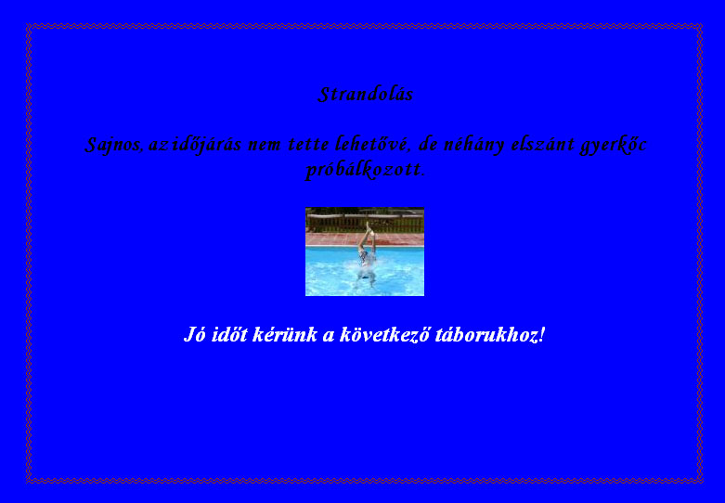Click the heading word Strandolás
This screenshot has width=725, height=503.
(x=365, y=95)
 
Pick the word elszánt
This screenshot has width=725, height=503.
(x=542, y=144)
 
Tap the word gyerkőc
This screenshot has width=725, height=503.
(x=613, y=145)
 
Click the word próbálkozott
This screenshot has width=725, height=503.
(x=365, y=170)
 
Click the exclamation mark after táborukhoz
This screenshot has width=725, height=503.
(x=542, y=334)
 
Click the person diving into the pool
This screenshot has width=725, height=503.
(x=367, y=255)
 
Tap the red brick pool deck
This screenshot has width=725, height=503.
(x=365, y=239)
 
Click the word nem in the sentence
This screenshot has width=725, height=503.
(x=265, y=145)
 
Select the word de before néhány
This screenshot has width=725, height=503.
(x=428, y=144)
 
